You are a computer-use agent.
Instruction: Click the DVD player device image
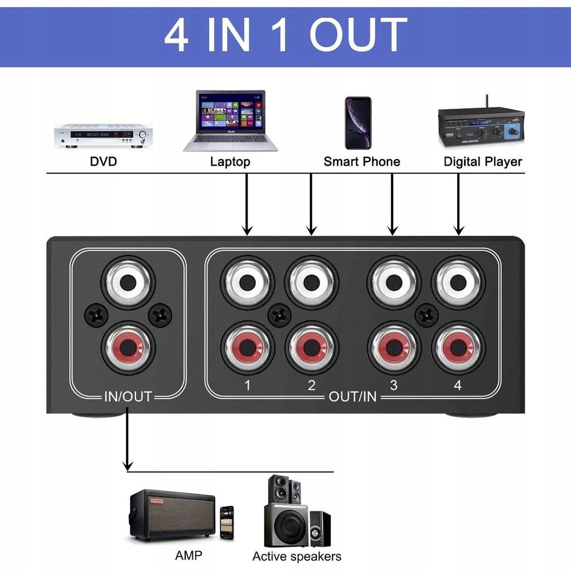click(x=103, y=136)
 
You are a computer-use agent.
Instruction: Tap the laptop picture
click(x=230, y=120)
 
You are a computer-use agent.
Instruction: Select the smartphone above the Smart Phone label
click(x=358, y=123)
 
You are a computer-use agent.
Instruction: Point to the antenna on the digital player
click(x=486, y=102)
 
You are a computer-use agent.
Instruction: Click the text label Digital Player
click(x=482, y=161)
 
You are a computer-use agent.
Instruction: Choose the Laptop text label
click(x=230, y=162)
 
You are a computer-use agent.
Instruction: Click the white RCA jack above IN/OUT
click(x=128, y=283)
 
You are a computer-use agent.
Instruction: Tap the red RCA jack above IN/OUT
click(x=128, y=348)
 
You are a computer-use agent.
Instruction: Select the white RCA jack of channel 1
click(x=247, y=283)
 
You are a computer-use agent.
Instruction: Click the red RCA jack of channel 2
click(x=311, y=348)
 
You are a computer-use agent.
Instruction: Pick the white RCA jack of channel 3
click(x=394, y=283)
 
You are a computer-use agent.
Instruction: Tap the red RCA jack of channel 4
click(x=458, y=348)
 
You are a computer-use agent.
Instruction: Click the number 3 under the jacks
click(x=394, y=385)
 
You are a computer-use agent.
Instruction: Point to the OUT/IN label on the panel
click(x=352, y=396)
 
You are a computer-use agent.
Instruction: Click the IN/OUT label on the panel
click(x=128, y=396)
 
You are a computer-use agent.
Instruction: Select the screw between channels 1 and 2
click(x=279, y=316)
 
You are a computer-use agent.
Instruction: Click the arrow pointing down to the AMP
click(x=128, y=439)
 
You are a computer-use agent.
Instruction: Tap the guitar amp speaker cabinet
click(x=172, y=515)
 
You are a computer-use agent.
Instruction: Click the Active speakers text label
click(x=297, y=557)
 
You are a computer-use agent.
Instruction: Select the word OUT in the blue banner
click(x=358, y=35)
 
